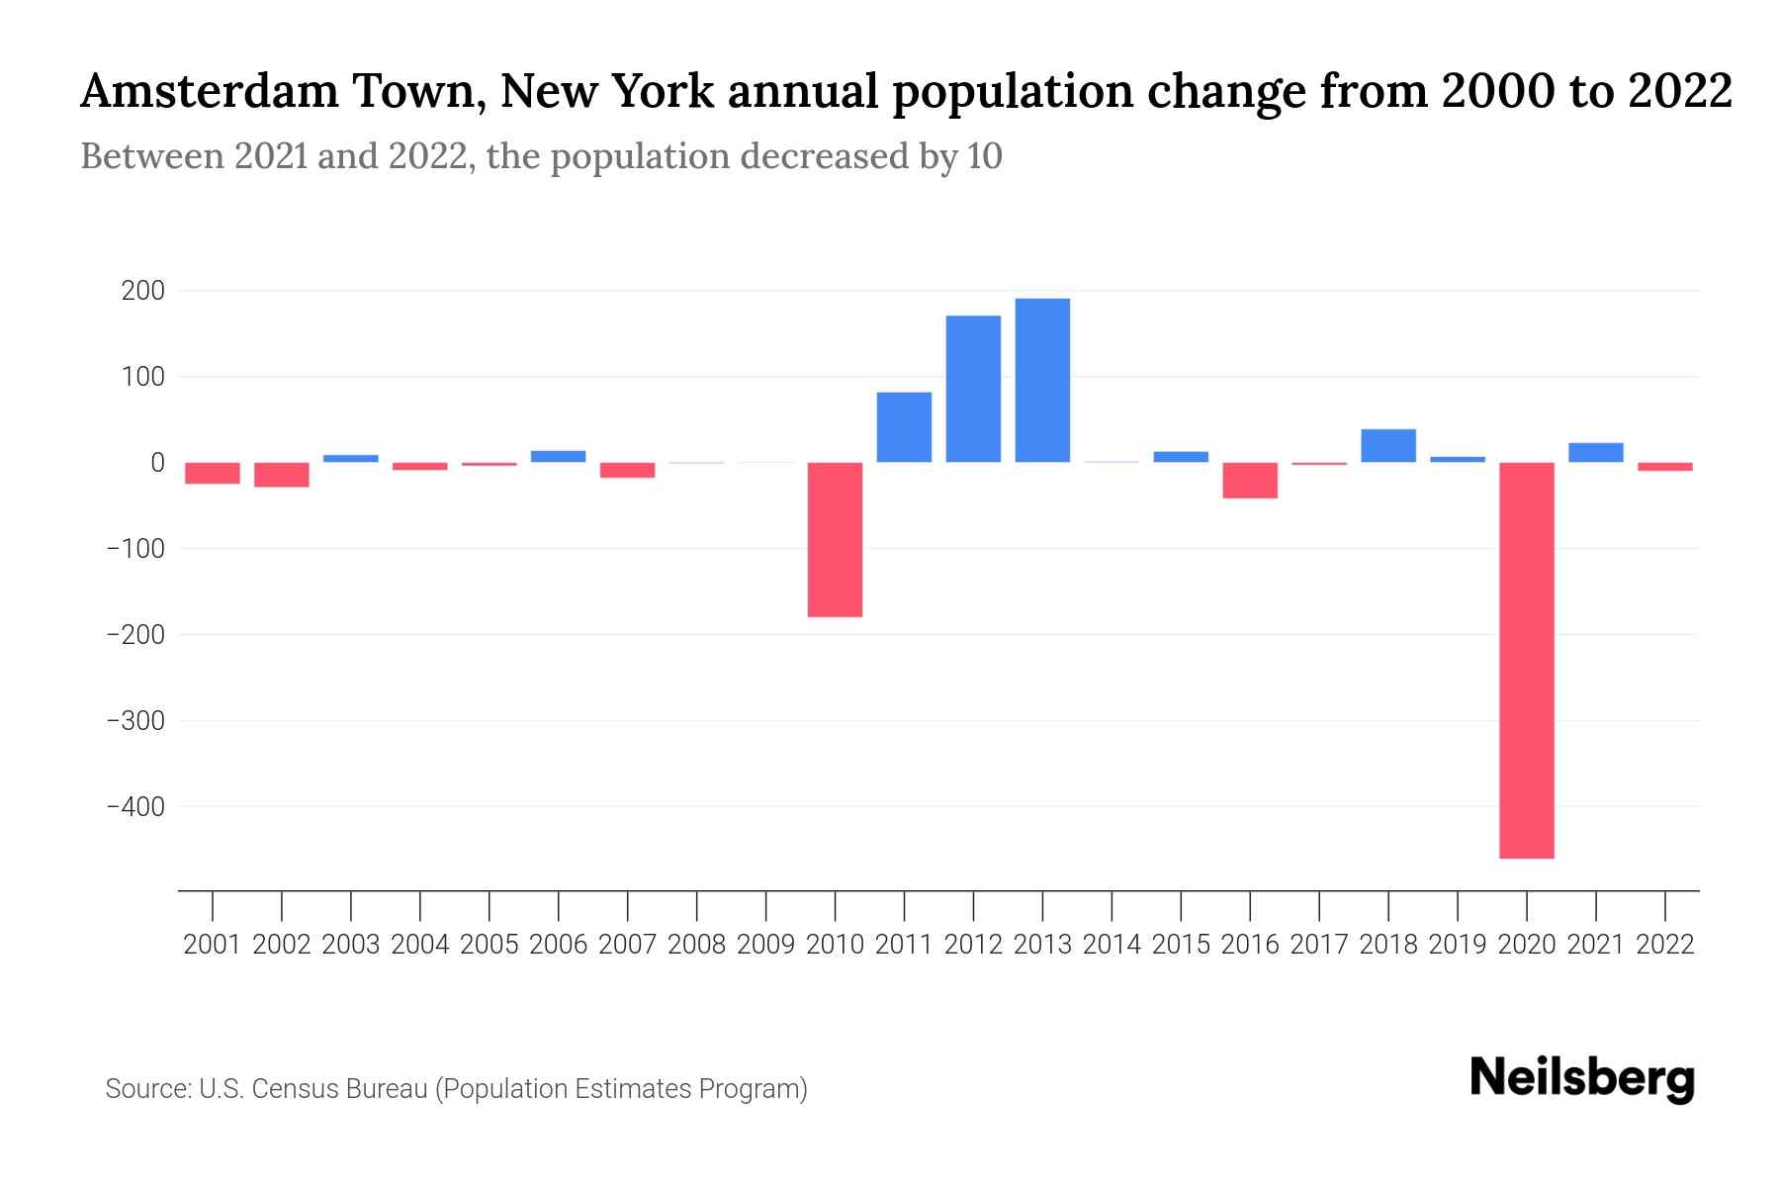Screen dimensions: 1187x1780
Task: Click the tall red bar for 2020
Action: coord(1526,660)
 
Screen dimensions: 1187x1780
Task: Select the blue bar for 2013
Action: coord(1042,380)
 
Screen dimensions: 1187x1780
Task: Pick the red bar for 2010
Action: coord(835,539)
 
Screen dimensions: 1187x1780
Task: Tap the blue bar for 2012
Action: coord(973,389)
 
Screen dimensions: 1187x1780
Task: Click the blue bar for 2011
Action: coord(904,427)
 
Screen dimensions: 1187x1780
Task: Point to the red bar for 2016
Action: coord(1250,480)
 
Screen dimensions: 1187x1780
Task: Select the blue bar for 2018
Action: coord(1388,445)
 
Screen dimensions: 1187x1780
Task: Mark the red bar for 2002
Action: coord(282,475)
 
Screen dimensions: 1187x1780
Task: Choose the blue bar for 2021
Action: coord(1595,452)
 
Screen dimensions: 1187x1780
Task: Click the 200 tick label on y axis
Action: coord(142,291)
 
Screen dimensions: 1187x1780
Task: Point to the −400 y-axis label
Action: coord(135,806)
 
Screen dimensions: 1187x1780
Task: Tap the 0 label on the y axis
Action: coord(157,462)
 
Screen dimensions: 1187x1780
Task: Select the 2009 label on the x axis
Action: coord(765,945)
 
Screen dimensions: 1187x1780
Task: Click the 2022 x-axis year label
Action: coord(1665,945)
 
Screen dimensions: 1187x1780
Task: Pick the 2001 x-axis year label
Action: coord(213,945)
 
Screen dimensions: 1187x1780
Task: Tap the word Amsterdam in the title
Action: coord(211,91)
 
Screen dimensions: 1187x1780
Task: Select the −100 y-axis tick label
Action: coord(135,548)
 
